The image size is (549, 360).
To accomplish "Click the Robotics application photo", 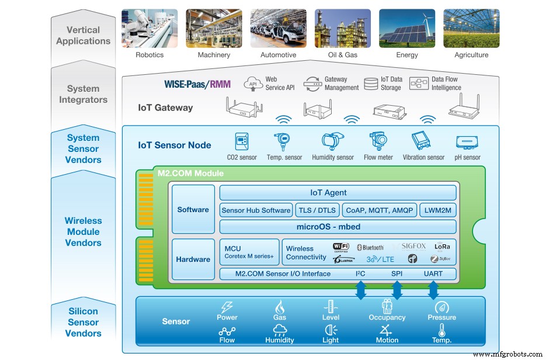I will pyautogui.click(x=150, y=27).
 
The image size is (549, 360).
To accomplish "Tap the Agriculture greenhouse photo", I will pyautogui.click(x=471, y=27).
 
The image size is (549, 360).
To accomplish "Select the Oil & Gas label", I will pyautogui.click(x=343, y=55).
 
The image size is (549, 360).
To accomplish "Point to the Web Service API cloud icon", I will pyautogui.click(x=253, y=83).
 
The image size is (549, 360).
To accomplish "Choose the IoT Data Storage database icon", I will pyautogui.click(x=370, y=84).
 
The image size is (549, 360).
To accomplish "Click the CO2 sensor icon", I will pyautogui.click(x=242, y=142).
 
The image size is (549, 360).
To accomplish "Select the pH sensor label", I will pyautogui.click(x=468, y=157).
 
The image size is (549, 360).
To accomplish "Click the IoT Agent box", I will pyautogui.click(x=337, y=192).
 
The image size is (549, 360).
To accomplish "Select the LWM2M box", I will pyautogui.click(x=437, y=210).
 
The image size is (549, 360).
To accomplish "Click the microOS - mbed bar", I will pyautogui.click(x=337, y=227).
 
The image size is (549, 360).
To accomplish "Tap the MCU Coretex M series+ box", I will pyautogui.click(x=249, y=252).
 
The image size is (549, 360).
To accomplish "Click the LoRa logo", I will pyautogui.click(x=443, y=247).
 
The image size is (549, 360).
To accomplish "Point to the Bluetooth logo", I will pyautogui.click(x=370, y=247).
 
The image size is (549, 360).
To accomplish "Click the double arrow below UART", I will pyautogui.click(x=433, y=290).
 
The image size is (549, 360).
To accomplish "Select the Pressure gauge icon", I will pyautogui.click(x=442, y=307).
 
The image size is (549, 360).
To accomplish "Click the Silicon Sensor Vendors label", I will pyautogui.click(x=83, y=322).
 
